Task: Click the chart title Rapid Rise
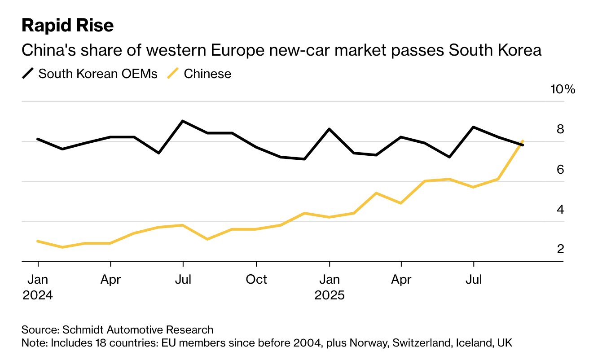68,26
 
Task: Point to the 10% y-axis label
563,89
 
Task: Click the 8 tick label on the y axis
560,129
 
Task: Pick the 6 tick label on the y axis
560,169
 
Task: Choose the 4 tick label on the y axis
560,209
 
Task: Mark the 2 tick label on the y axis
560,249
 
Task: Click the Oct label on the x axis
256,280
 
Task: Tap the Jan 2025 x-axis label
329,287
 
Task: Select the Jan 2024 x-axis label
38,287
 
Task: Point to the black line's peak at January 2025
329,129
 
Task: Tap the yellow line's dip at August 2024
207,239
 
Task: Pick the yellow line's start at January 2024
38,241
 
